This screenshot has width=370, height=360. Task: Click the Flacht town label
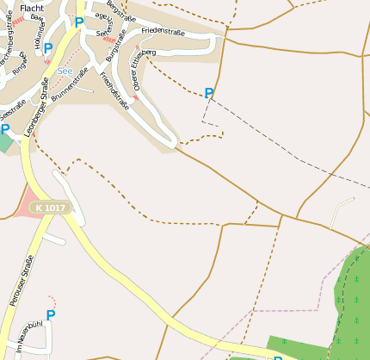pos(32,7)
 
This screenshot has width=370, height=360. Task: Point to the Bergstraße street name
pos(120,12)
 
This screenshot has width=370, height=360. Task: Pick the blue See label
pos(65,71)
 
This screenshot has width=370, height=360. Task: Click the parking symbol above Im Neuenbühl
pos(50,315)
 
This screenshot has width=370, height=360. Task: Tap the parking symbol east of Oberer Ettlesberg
pos(209,92)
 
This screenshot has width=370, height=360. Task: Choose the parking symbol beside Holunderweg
pos(48,48)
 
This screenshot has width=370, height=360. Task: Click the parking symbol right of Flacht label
pos(79,22)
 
